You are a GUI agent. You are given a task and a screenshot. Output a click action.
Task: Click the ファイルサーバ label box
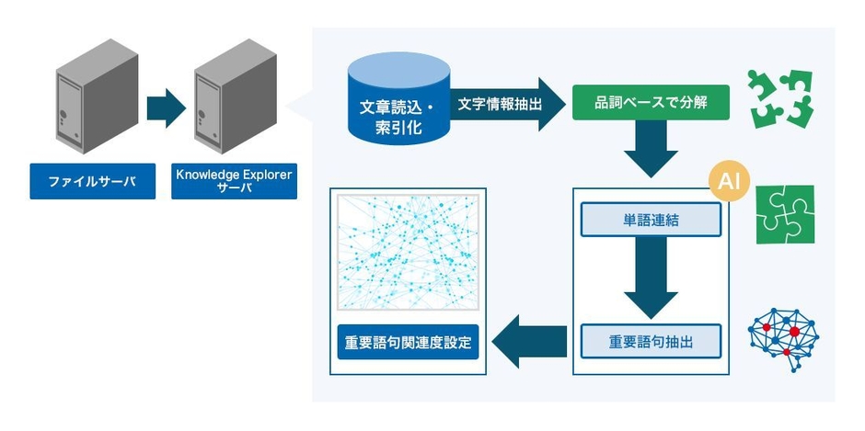(90, 181)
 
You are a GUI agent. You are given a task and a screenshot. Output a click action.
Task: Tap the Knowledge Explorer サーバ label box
(234, 181)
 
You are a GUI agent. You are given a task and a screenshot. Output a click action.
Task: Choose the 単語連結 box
(651, 221)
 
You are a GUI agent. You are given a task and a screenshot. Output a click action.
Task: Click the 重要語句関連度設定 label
(408, 343)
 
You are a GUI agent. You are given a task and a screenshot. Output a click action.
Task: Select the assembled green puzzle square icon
(784, 214)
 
